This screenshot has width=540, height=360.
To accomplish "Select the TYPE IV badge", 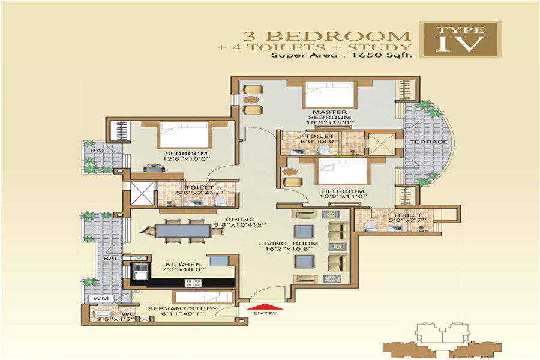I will (x=460, y=39).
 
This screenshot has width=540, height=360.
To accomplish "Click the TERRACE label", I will (x=428, y=142).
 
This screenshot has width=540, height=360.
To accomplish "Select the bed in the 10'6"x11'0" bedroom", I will (x=341, y=171).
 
